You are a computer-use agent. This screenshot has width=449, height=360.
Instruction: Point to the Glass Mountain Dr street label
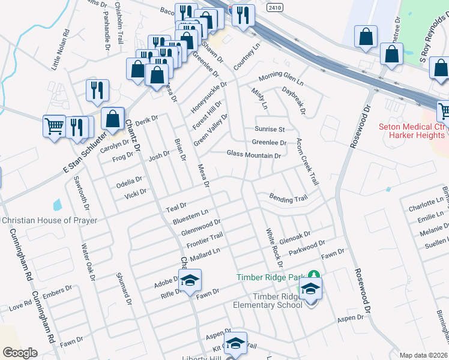click(254, 155)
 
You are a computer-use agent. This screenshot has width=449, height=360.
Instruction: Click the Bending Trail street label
click(288, 199)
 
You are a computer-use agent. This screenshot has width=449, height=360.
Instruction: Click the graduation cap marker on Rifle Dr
click(190, 280)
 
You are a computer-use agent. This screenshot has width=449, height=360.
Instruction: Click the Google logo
click(20, 352)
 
